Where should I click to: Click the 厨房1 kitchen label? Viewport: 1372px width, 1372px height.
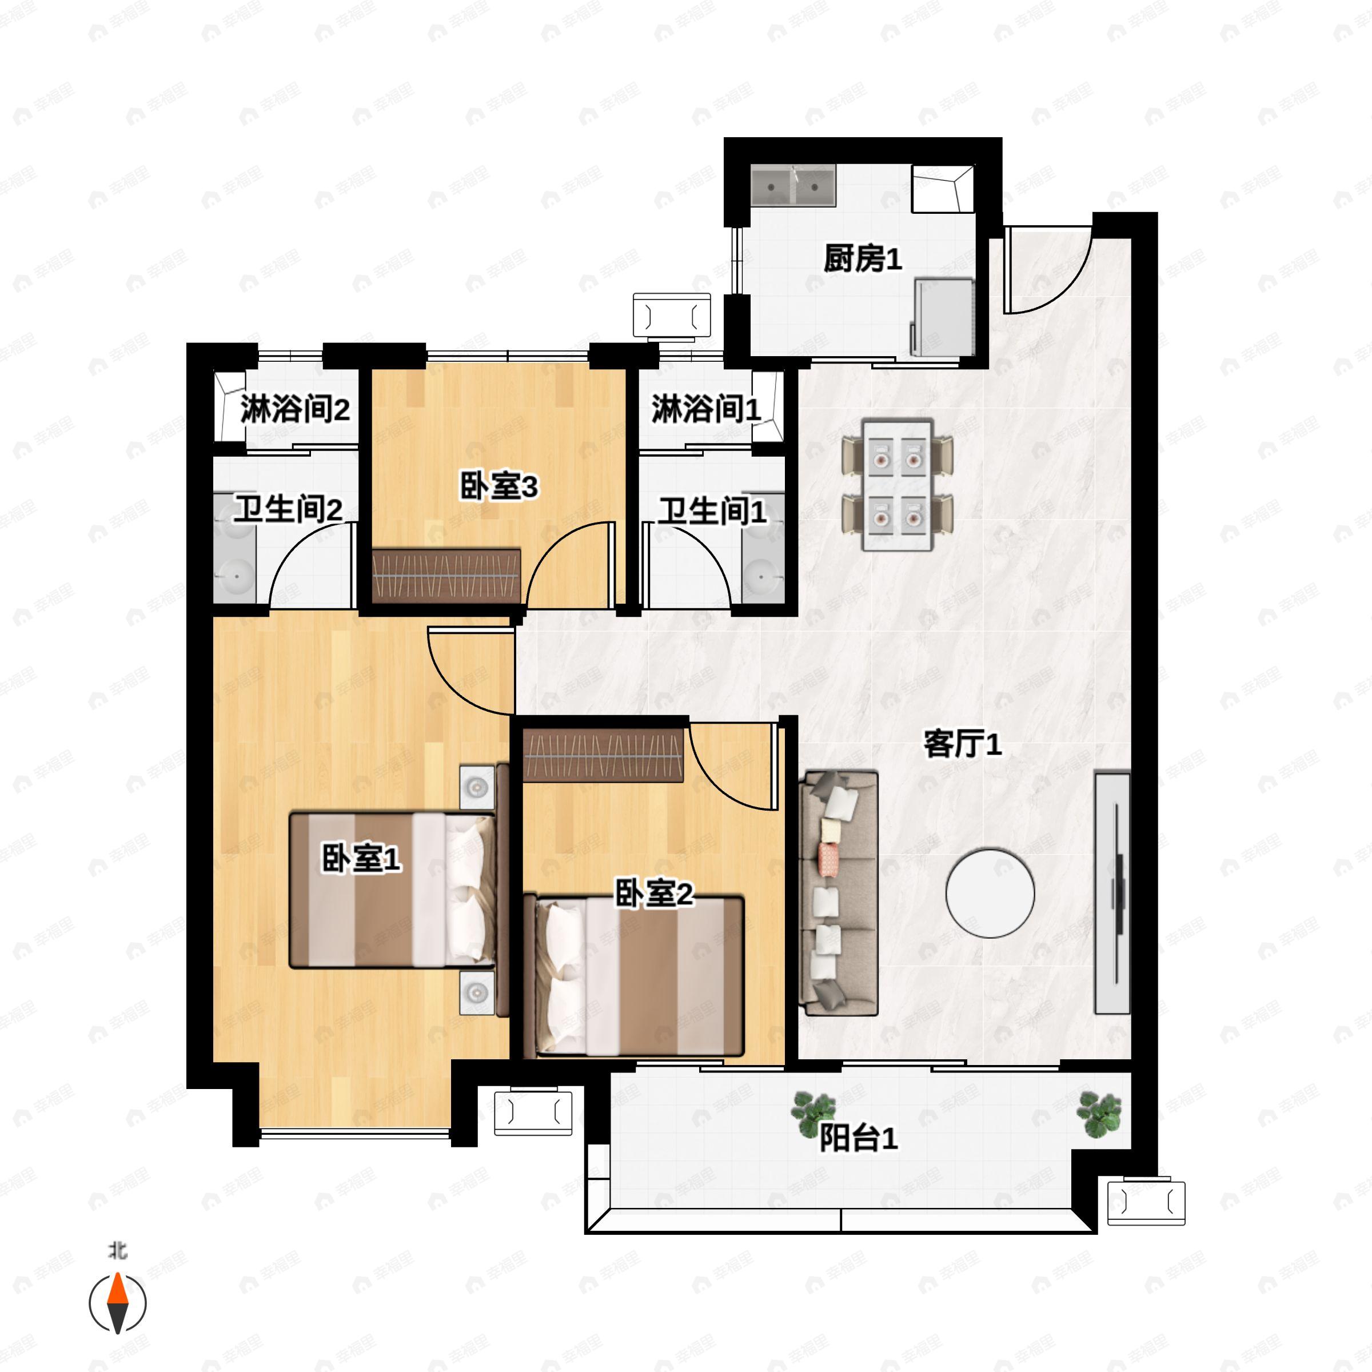click(862, 258)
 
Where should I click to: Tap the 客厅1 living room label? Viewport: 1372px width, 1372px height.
click(962, 744)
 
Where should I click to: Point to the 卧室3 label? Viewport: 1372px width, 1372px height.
click(498, 487)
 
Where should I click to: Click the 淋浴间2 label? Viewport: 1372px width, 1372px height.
click(295, 409)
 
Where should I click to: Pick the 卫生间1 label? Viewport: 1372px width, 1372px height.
click(712, 510)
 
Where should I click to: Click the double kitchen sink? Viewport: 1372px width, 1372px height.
click(794, 186)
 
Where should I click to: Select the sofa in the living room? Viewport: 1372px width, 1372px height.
click(839, 892)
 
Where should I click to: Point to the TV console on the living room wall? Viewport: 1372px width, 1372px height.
click(1112, 892)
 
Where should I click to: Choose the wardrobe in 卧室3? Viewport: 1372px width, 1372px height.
click(446, 576)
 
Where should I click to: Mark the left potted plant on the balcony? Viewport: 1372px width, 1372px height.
click(813, 1114)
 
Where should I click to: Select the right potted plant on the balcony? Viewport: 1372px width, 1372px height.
click(1099, 1113)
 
